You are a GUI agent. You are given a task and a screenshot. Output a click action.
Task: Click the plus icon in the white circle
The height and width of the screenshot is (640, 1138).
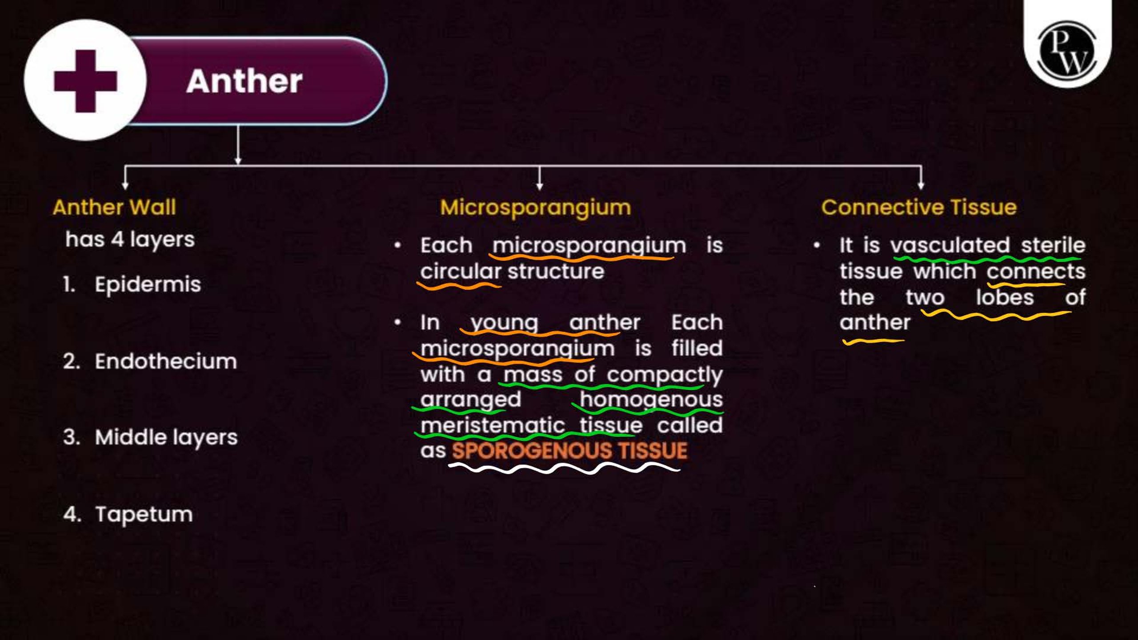click(x=85, y=81)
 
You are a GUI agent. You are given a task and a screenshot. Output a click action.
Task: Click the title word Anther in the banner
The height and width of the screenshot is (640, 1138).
click(x=244, y=81)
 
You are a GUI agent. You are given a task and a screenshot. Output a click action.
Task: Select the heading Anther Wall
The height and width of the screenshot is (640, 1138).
click(x=115, y=207)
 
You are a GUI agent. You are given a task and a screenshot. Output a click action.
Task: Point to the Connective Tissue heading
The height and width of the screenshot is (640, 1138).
click(x=919, y=207)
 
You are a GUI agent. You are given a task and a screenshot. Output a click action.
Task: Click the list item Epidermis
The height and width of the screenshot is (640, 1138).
click(x=148, y=285)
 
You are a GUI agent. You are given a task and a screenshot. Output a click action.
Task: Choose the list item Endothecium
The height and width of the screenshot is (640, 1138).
click(x=166, y=361)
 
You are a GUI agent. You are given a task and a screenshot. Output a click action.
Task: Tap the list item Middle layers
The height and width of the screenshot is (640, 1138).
click(x=166, y=438)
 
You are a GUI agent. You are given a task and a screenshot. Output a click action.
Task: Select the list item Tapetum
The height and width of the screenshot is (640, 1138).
click(x=144, y=515)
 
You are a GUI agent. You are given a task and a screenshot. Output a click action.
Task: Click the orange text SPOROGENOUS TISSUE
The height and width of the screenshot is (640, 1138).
click(x=570, y=451)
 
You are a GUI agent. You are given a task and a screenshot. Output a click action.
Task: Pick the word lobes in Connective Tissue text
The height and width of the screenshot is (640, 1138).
click(x=1005, y=297)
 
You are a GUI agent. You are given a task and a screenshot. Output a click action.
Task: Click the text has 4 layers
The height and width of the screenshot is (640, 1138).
click(x=130, y=240)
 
